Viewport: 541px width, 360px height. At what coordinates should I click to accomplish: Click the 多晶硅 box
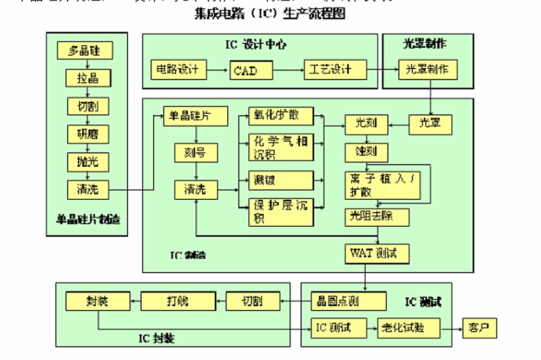tap(85, 51)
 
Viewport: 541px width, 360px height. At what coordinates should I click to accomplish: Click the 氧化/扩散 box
tap(281, 115)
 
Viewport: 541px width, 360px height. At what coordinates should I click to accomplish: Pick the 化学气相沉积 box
tap(281, 147)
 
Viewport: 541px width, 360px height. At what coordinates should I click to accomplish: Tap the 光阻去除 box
tap(377, 217)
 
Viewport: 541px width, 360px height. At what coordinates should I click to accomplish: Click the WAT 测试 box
tap(377, 253)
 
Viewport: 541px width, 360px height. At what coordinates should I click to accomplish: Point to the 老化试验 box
tap(408, 328)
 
